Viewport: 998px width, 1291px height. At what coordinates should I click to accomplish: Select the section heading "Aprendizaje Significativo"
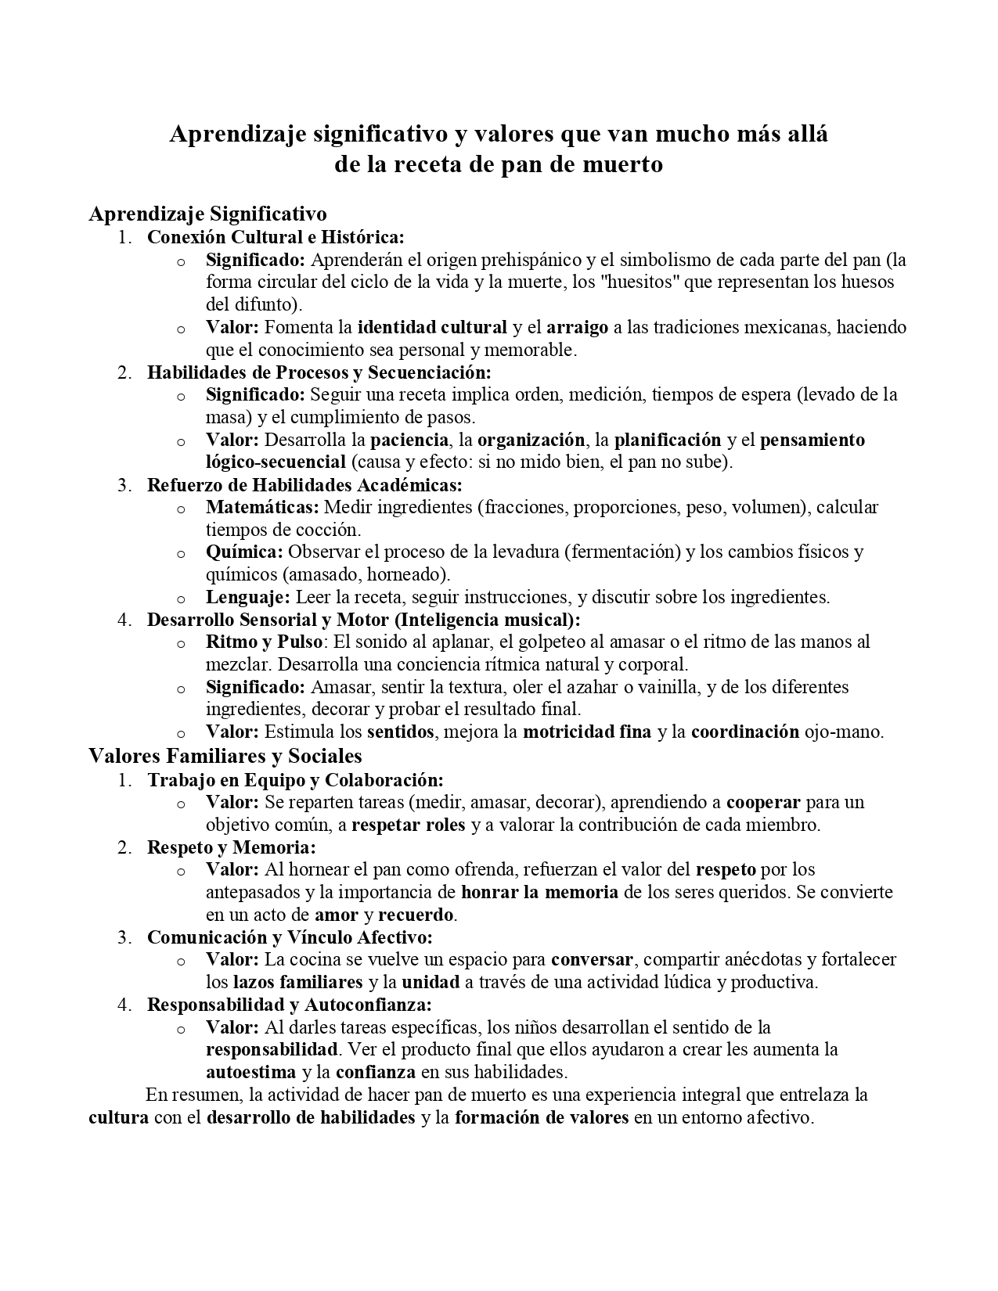207,214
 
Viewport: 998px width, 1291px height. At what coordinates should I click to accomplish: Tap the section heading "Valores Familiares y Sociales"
225,756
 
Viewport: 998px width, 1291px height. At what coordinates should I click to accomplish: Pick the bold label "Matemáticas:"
262,507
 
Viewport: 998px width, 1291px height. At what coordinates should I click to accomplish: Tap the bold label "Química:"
244,552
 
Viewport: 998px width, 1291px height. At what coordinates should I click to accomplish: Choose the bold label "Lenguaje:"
248,598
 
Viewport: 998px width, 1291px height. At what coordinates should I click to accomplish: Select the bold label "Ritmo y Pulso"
264,642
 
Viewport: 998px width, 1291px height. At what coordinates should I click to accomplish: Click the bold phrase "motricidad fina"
587,732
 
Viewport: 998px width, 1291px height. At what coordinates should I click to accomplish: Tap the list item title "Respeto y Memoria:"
232,847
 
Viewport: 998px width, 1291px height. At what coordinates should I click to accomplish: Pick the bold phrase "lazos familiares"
298,982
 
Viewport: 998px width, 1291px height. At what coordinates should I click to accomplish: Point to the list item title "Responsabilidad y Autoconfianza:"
290,1005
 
